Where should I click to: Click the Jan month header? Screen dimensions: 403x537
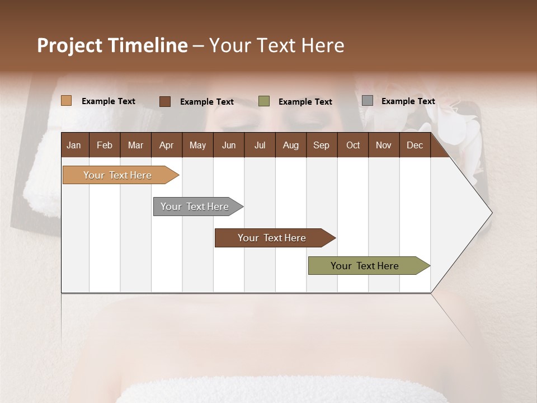[74, 145]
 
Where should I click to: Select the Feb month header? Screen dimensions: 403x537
[105, 145]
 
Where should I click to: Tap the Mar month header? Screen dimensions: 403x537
[135, 145]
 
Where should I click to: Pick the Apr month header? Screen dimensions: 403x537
[167, 145]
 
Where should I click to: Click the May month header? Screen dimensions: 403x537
[197, 145]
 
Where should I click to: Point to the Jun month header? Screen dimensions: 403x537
[229, 145]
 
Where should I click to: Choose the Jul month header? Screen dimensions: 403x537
[260, 145]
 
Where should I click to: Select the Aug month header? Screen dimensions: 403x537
[291, 145]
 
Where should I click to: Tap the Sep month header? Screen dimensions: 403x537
[322, 145]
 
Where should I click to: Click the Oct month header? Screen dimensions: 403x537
[353, 145]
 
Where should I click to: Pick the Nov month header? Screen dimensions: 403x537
[384, 145]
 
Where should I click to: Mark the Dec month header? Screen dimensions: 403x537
[415, 145]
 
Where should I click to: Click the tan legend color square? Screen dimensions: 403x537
[67, 101]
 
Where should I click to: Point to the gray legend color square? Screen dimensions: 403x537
[368, 101]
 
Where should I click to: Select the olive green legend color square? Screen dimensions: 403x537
[264, 101]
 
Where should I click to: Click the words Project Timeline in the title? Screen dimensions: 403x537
[112, 45]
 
